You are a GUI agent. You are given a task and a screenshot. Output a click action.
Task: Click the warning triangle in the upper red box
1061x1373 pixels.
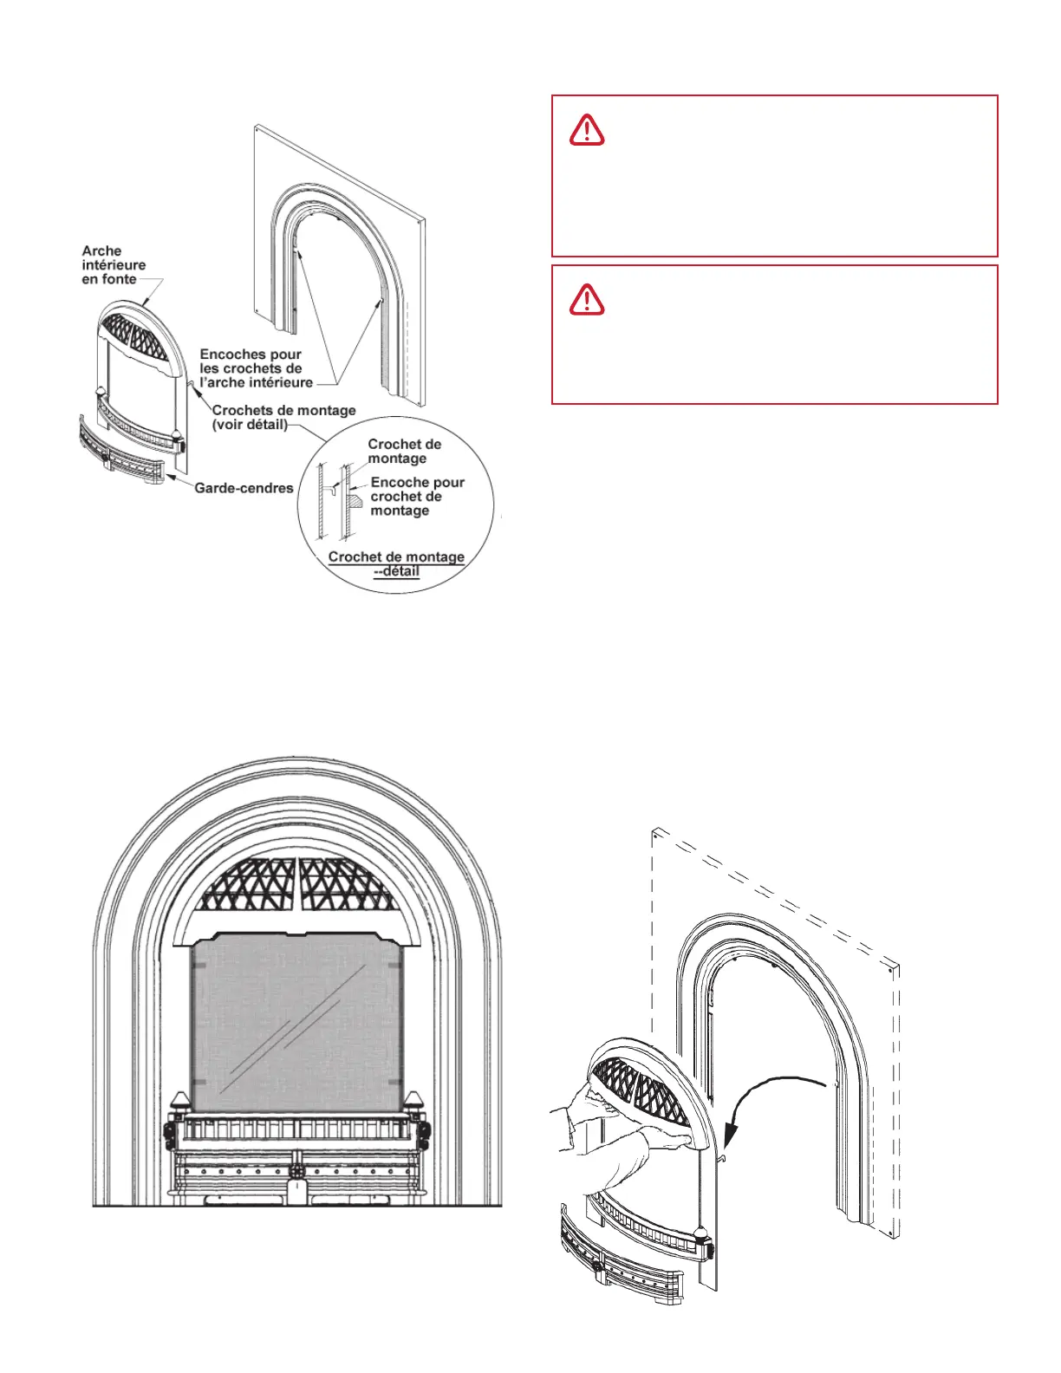pos(587,130)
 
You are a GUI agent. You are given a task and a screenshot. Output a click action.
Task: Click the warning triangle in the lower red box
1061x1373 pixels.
pos(587,299)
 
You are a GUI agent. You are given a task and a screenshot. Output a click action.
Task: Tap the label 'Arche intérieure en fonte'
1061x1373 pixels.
pos(114,265)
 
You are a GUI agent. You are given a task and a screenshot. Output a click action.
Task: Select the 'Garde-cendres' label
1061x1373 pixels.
pos(244,488)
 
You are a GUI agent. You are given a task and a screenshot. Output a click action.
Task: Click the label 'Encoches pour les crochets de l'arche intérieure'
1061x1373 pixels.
pos(256,368)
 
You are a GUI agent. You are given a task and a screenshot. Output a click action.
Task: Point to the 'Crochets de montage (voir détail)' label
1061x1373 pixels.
pos(283,417)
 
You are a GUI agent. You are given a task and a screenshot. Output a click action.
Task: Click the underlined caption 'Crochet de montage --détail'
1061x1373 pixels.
pos(396,563)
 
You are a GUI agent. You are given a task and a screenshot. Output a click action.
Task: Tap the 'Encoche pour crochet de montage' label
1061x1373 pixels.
pos(417,497)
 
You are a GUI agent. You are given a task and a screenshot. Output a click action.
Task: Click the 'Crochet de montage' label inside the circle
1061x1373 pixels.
pos(404,451)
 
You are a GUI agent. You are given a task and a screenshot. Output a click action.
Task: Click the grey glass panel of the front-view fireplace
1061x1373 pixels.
pos(296,1023)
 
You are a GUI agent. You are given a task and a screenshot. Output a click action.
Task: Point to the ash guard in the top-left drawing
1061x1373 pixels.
pos(121,451)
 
